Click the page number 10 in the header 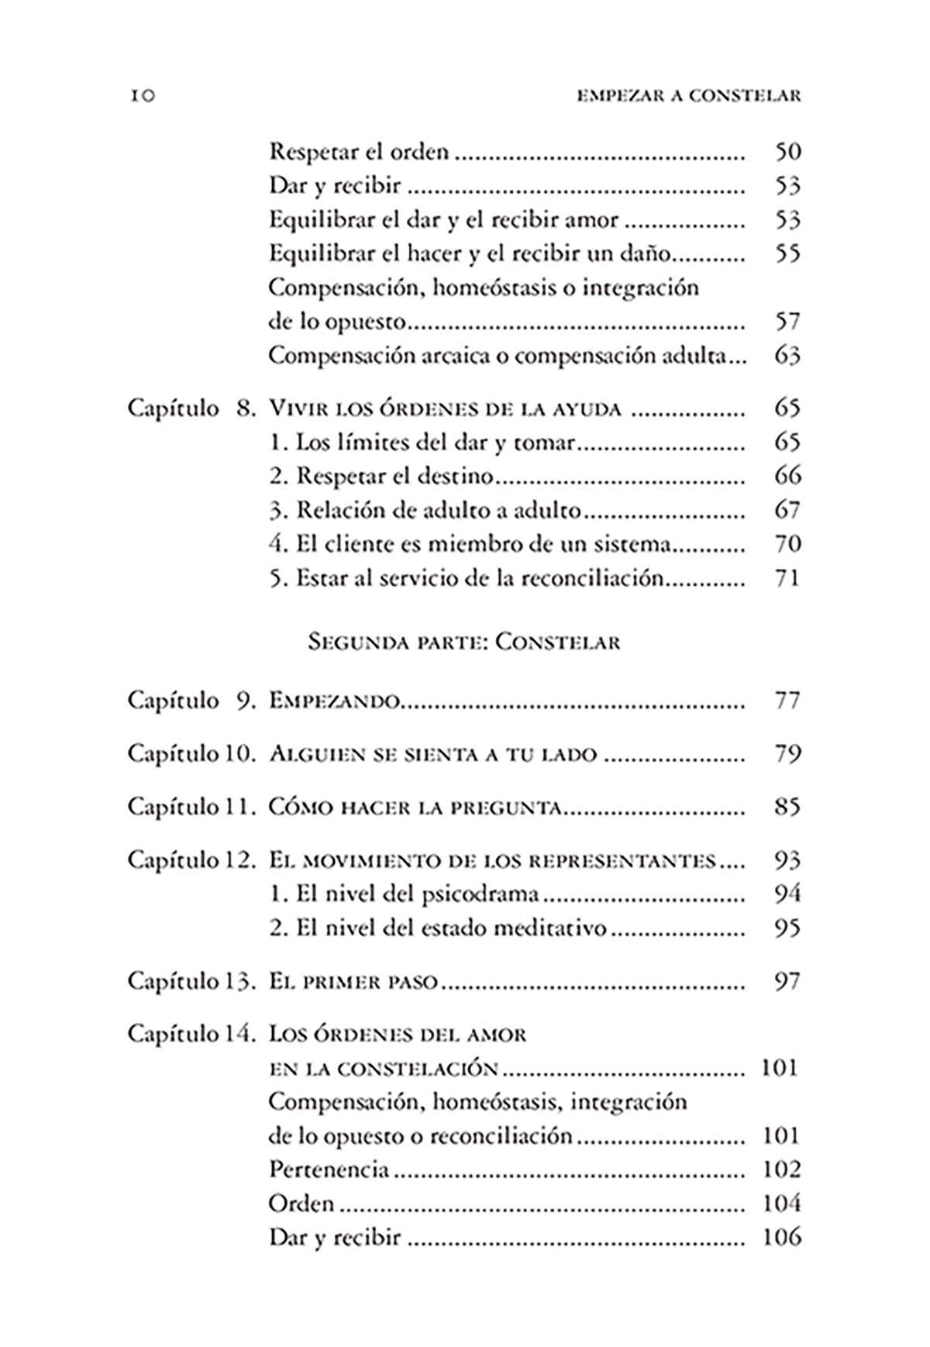142,96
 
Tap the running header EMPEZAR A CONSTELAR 688,96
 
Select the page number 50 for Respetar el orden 787,152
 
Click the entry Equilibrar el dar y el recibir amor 443,220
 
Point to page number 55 787,254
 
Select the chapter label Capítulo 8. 191,408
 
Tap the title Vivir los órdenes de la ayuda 445,408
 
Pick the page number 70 787,544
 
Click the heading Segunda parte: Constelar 464,642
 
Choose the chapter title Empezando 334,701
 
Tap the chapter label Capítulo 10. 191,754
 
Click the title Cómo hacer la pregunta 415,808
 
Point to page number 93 787,861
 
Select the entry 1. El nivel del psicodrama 404,894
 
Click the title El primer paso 353,982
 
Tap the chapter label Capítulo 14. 191,1035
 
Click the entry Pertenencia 329,1170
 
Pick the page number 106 780,1237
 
